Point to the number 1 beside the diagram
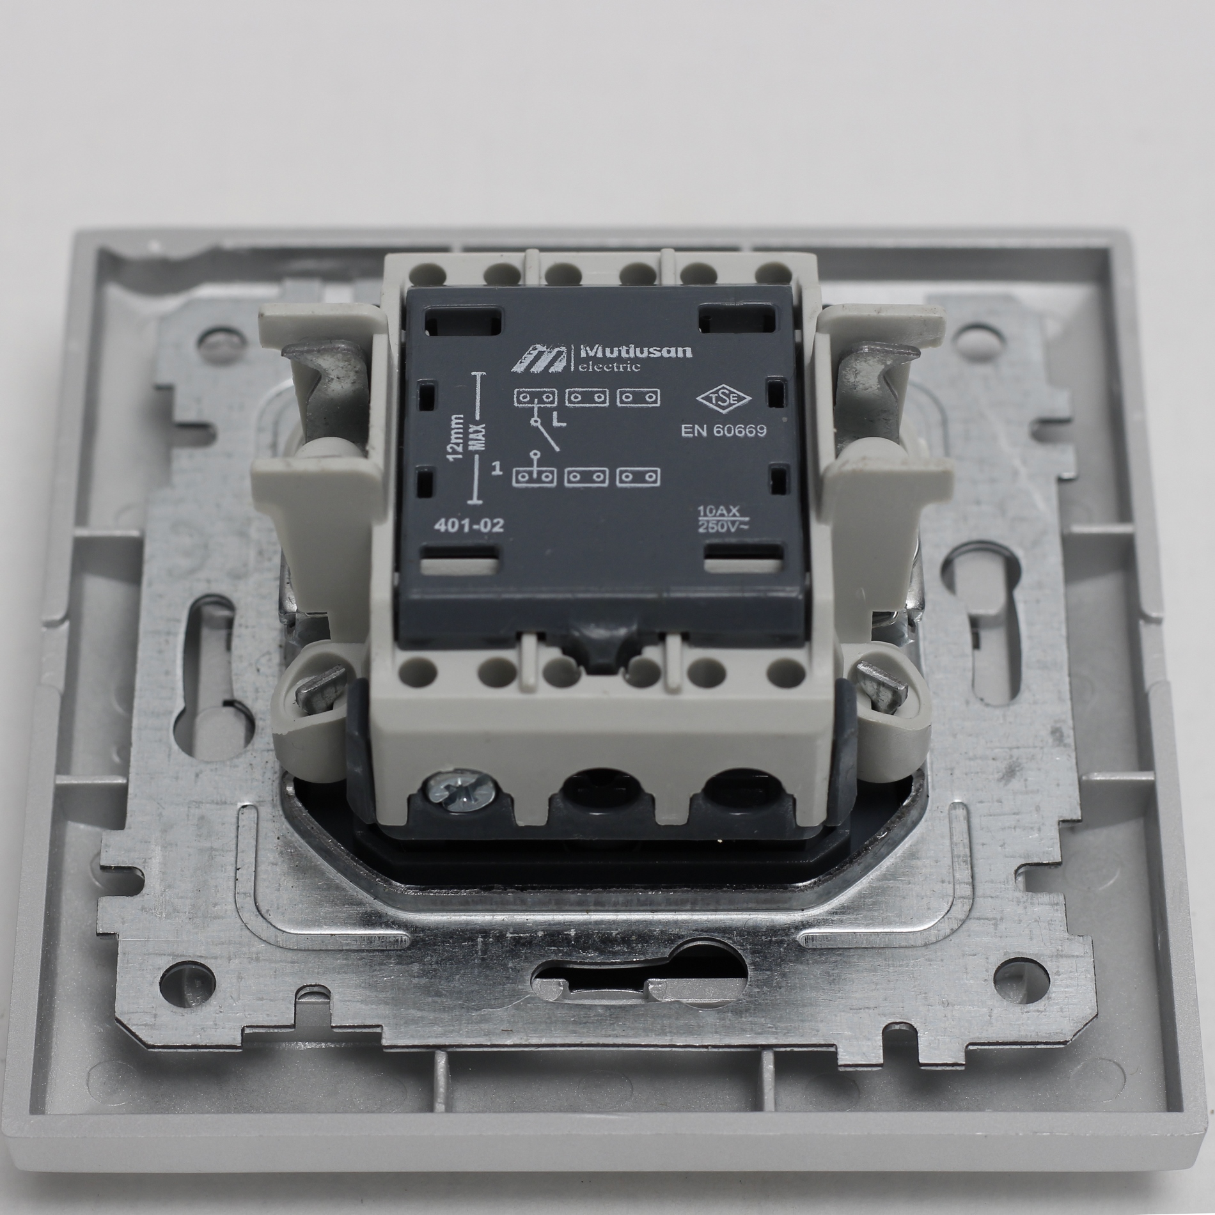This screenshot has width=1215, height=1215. (496, 471)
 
